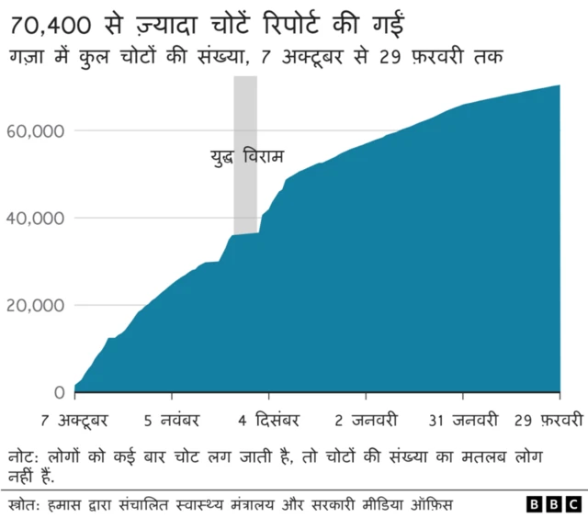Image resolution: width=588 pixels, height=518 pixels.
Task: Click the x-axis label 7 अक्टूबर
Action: click(x=75, y=422)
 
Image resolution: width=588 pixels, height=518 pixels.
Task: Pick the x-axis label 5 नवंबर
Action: click(x=172, y=422)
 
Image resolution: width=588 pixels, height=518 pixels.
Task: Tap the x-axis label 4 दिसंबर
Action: click(x=269, y=422)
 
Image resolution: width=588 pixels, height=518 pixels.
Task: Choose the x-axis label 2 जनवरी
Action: click(x=366, y=422)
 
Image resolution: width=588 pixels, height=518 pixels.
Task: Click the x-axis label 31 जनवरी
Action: click(x=463, y=422)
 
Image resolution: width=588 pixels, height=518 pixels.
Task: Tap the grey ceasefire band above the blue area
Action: click(x=245, y=110)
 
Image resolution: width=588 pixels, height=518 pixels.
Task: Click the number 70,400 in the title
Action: click(x=53, y=19)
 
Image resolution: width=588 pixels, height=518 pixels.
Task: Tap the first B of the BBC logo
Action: click(x=536, y=504)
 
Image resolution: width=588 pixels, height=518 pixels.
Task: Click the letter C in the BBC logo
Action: click(x=572, y=504)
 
